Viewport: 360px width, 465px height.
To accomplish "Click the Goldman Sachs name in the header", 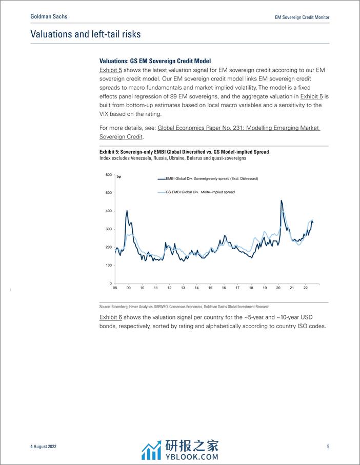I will (x=49, y=16).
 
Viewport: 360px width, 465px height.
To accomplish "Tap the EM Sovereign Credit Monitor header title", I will (x=301, y=17).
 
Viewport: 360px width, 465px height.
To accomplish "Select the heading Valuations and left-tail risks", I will (x=85, y=34).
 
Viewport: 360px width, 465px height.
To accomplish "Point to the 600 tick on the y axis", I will (x=108, y=175).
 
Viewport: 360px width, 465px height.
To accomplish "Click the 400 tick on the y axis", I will (x=108, y=211).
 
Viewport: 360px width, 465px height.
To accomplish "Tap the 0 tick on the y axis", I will (x=110, y=284).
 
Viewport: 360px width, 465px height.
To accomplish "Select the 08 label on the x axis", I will (x=115, y=288).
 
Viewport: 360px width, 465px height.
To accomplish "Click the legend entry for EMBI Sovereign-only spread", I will (x=209, y=178).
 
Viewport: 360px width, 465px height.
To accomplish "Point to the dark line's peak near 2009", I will (x=127, y=211).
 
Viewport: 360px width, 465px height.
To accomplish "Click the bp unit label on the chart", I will (x=119, y=177).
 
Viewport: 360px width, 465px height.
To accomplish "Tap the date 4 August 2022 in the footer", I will (x=43, y=447).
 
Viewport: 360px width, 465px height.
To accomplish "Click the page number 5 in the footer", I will (x=328, y=447).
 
